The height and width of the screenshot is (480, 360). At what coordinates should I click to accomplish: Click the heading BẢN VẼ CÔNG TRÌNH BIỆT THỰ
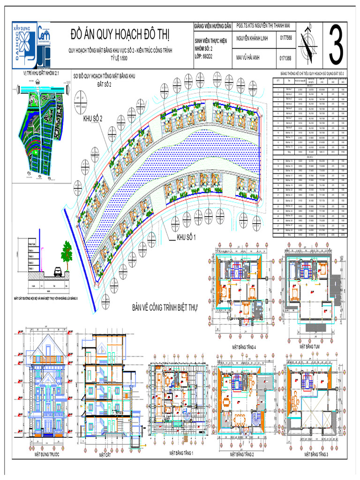tap(165, 308)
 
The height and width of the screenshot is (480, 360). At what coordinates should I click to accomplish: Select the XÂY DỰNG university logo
tap(22, 44)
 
